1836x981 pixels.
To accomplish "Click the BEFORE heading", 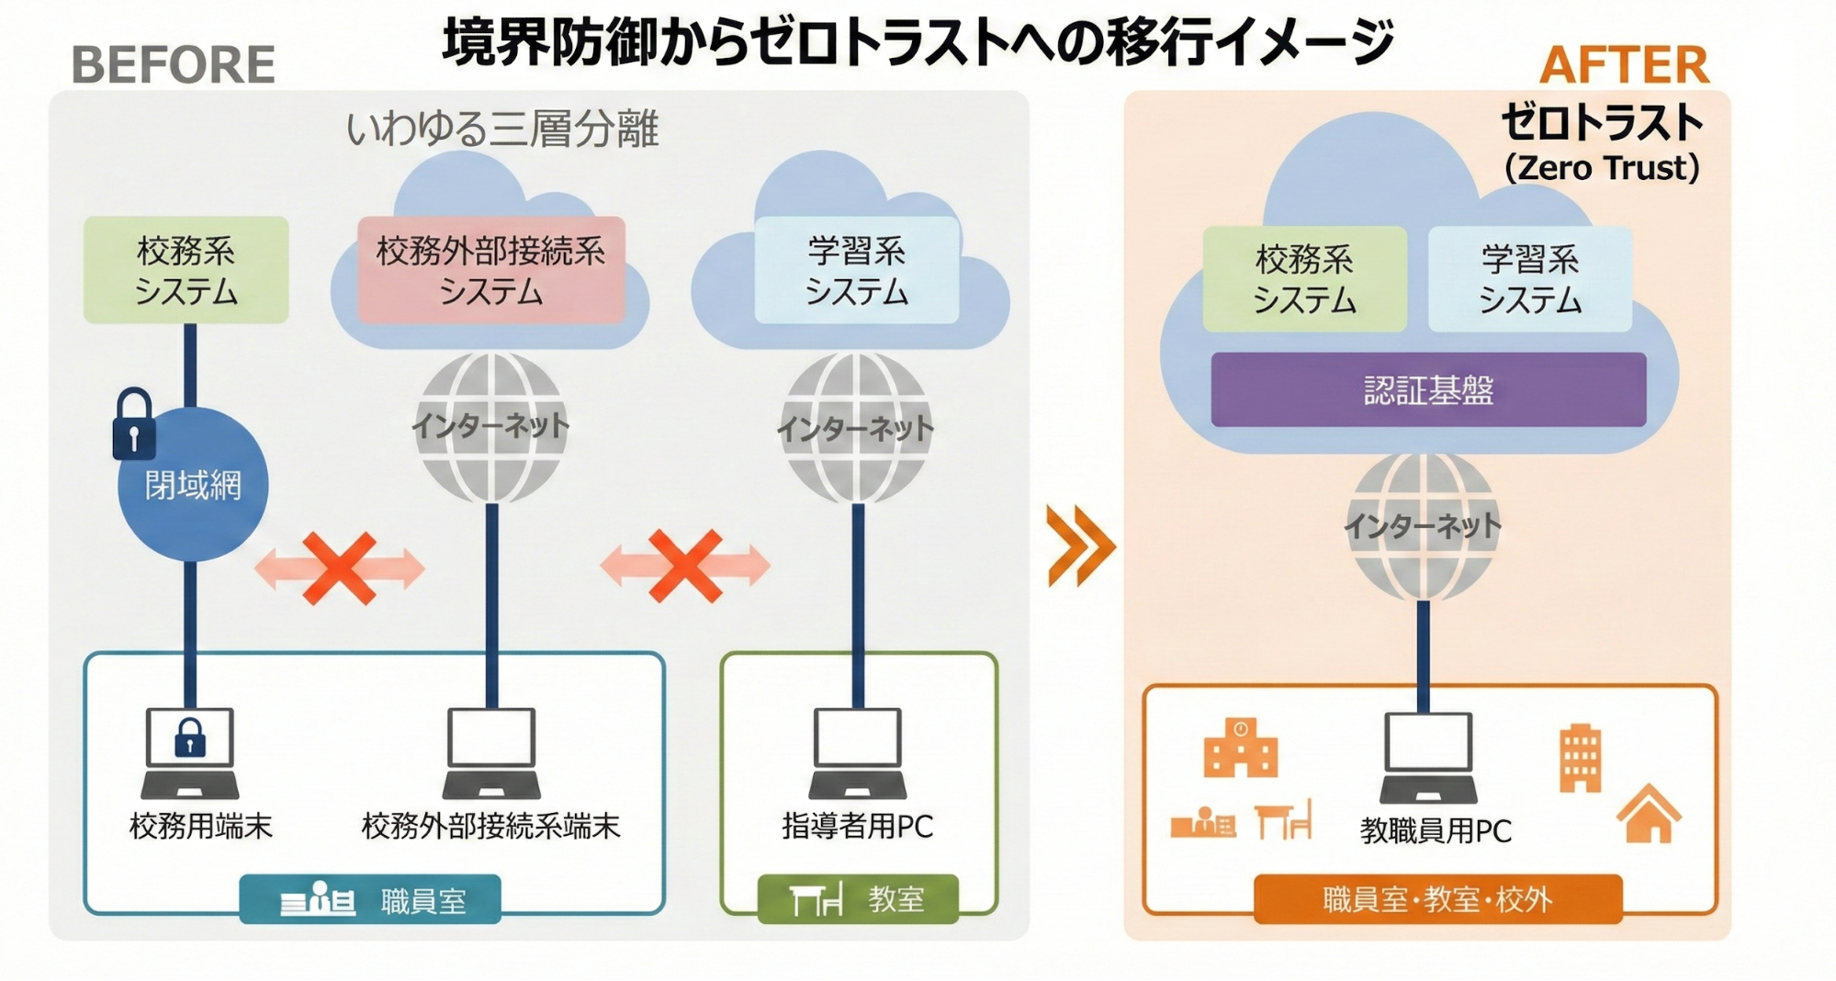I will tap(173, 65).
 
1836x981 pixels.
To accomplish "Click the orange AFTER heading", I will tap(1624, 65).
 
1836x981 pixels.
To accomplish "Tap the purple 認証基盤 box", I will tap(1428, 390).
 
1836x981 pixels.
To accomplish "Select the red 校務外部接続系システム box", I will tap(491, 270).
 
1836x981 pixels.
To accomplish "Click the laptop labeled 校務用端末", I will tap(190, 752).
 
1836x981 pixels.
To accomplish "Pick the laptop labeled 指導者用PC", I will tap(857, 752).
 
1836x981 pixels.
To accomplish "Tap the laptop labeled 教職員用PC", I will tap(1428, 757).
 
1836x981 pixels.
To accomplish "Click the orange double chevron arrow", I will tap(1080, 546).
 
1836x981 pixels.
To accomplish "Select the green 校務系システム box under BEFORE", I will tap(186, 270).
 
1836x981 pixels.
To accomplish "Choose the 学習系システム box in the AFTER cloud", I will tap(1530, 279).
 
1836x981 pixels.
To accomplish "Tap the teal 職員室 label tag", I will tap(370, 900).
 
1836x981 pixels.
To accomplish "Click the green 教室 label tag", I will tap(858, 898).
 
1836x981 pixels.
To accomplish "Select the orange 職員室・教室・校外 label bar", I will tap(1437, 898).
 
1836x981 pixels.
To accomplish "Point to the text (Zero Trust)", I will tap(1602, 168).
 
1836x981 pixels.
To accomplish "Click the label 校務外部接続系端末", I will tap(491, 826).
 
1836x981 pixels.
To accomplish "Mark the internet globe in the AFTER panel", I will tap(1423, 525).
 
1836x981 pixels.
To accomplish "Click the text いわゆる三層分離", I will tap(502, 129).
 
